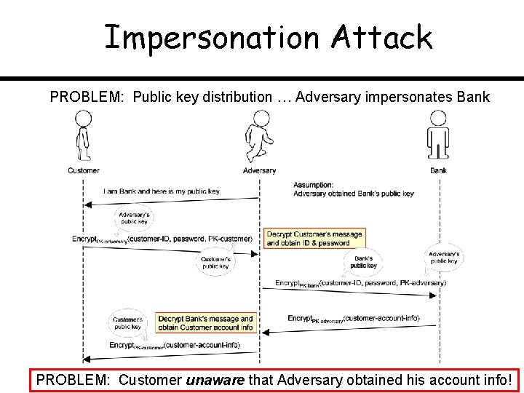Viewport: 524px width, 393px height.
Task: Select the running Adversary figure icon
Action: pos(258,138)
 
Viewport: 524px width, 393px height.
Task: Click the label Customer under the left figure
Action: pos(84,170)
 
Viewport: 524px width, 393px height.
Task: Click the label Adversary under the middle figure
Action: pos(259,170)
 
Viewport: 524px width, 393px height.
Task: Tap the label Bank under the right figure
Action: pos(439,170)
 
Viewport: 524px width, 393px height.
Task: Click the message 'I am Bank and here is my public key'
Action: pos(162,191)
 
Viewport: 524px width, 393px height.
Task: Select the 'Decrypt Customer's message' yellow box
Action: pos(314,238)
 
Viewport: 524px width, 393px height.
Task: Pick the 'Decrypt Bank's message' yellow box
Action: pos(206,322)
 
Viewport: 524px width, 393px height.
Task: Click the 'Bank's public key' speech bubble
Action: pos(364,262)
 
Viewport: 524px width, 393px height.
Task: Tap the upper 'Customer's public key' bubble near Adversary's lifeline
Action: pos(215,263)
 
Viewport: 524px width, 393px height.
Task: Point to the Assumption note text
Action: pos(354,189)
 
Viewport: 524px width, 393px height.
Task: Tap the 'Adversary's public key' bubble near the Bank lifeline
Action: pos(444,257)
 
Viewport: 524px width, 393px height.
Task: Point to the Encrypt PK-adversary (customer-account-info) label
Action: pos(354,318)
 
